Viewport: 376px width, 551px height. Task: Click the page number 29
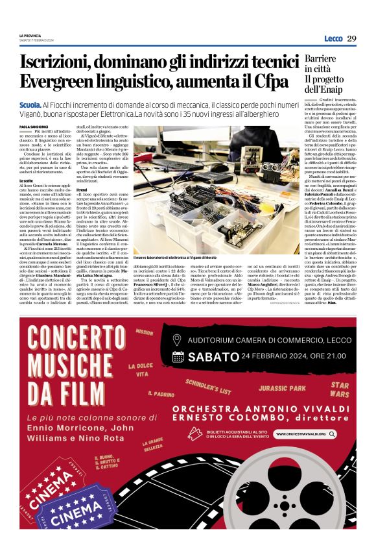pos(351,38)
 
